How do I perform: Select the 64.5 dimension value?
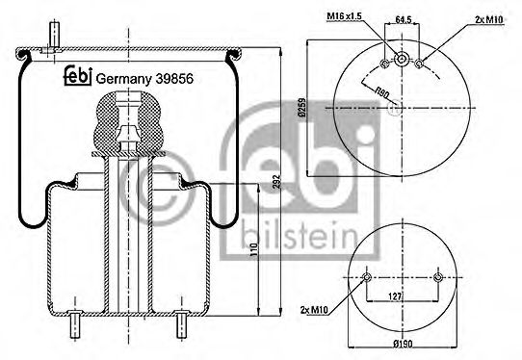(404, 17)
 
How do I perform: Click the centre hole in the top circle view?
(402, 64)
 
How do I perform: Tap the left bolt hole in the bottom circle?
(367, 279)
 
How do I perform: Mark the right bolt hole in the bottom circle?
(438, 279)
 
